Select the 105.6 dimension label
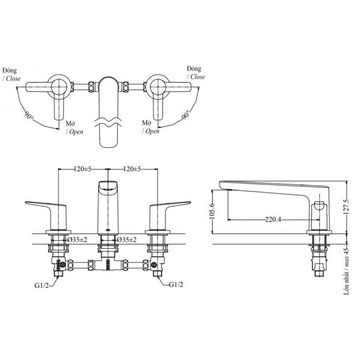211,211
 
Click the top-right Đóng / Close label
196,73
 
